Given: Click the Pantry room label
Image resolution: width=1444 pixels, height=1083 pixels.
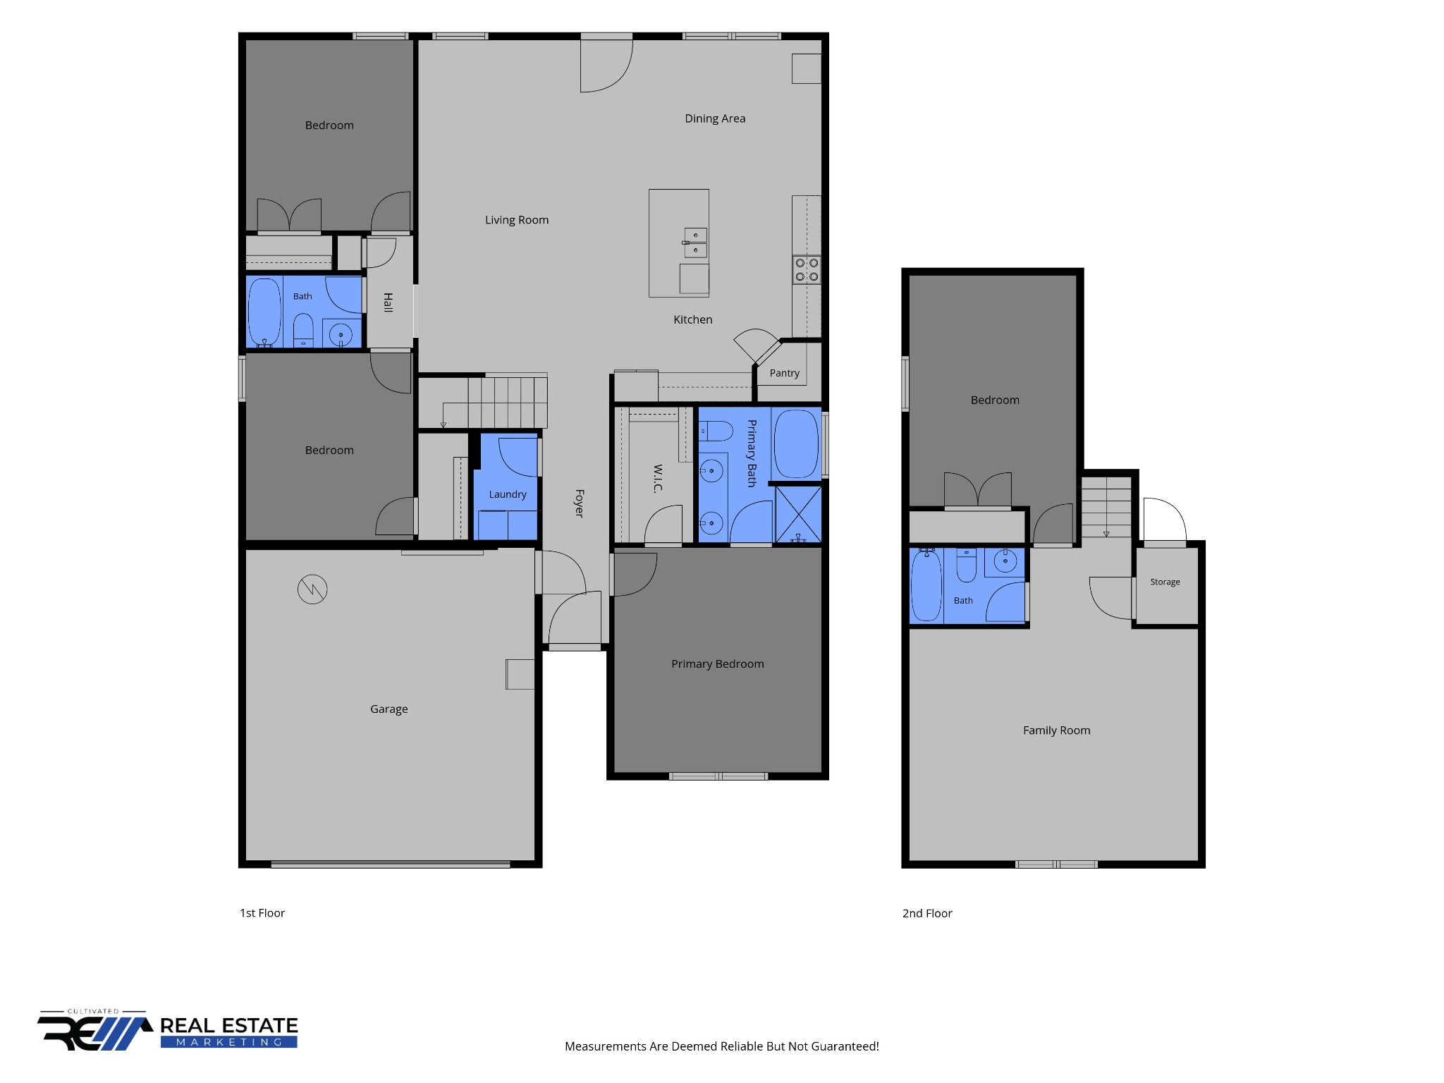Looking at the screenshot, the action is click(x=784, y=373).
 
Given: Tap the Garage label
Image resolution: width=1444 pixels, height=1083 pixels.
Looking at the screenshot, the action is click(x=388, y=709).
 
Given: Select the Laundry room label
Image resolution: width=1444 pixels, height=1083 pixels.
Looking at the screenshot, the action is click(x=508, y=494).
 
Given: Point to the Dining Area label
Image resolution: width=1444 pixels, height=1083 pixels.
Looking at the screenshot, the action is click(x=715, y=118).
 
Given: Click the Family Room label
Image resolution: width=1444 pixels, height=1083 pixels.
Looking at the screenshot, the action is click(x=1056, y=730).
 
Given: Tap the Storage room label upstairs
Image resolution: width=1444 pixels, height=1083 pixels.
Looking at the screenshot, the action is click(x=1165, y=582).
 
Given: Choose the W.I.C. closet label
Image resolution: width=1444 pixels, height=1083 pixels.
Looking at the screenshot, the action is click(x=658, y=479).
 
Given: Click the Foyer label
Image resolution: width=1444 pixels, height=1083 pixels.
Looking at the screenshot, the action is click(x=579, y=503).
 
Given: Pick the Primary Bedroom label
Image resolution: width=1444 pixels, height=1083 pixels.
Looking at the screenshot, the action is click(x=717, y=664).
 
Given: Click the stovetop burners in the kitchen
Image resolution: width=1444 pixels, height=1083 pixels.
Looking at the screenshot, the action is click(x=807, y=269).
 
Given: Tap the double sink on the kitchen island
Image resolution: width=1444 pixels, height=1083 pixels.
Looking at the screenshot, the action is click(x=695, y=243).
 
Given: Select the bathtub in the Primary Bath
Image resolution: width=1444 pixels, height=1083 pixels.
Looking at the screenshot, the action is click(x=796, y=444).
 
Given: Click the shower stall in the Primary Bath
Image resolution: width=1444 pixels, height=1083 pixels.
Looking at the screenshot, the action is click(x=798, y=514).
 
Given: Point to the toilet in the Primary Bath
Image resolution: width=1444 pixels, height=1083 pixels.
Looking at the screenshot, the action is click(x=716, y=431).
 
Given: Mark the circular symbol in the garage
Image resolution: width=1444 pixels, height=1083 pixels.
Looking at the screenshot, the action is click(x=312, y=589).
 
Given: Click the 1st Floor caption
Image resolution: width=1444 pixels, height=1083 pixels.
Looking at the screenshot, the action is click(x=262, y=913).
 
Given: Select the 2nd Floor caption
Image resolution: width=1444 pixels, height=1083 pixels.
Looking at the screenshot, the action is click(x=927, y=914).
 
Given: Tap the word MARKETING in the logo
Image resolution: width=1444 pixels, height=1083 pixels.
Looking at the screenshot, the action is click(x=229, y=1042).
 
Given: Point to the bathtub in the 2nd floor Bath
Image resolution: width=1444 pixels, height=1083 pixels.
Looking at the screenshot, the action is click(x=926, y=585).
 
